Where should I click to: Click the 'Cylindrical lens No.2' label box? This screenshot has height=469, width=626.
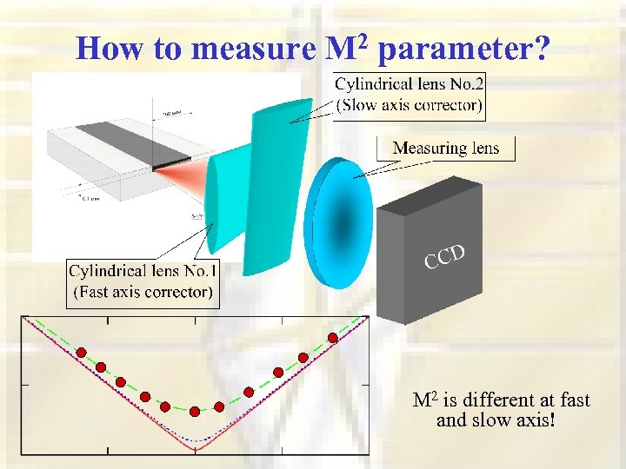(x=410, y=95)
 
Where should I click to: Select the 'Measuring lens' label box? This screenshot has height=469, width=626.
(x=446, y=148)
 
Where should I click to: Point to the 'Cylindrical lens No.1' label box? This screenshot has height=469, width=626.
(x=143, y=281)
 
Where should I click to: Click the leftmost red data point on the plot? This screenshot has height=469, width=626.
(x=82, y=353)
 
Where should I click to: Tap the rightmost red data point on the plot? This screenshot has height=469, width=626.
(x=332, y=338)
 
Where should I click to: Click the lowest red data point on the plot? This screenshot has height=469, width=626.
(x=195, y=410)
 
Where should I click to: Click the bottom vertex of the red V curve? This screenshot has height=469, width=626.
(x=195, y=449)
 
